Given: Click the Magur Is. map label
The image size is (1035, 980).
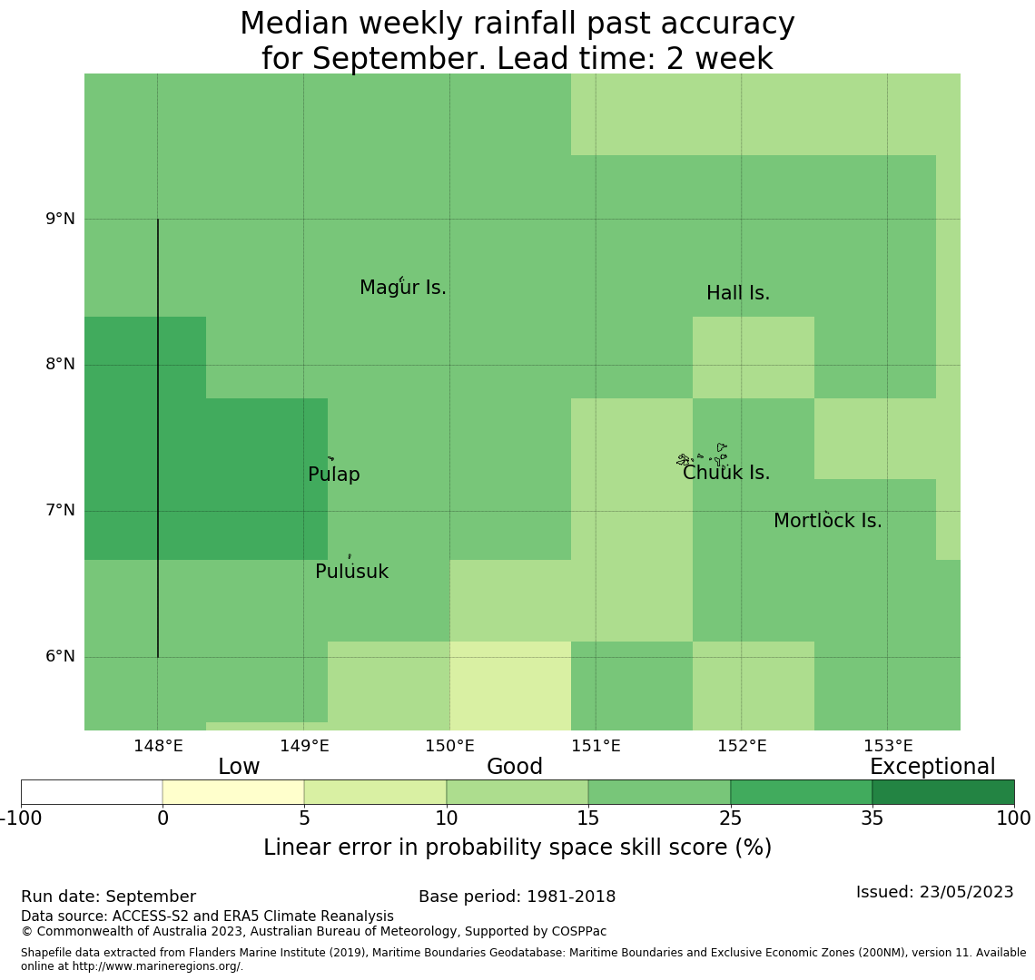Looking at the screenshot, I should (403, 289).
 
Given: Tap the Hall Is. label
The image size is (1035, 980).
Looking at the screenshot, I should (738, 294).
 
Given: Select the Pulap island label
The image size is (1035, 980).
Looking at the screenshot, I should (334, 475).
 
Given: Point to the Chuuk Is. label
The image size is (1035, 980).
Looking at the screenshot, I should (726, 474).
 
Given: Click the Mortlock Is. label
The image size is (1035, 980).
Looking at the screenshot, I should (827, 522).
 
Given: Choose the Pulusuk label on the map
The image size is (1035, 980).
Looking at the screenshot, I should (351, 573).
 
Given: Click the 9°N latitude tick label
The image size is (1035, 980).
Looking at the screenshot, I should (60, 219).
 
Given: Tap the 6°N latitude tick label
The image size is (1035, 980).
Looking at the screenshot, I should (60, 656).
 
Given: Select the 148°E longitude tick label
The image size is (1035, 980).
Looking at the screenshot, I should (158, 747).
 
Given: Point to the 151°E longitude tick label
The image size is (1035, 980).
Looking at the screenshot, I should (596, 747).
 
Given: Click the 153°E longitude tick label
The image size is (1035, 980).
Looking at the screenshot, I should (888, 747).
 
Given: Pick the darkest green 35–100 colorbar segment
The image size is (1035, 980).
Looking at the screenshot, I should (942, 792).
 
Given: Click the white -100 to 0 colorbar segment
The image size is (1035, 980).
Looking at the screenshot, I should (92, 792).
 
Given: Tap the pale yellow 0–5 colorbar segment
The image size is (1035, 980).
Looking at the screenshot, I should (233, 792).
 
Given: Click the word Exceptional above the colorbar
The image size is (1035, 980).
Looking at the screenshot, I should (932, 768).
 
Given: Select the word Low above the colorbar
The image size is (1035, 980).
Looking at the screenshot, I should (239, 768).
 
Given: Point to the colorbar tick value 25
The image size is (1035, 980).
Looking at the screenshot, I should (730, 819).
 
